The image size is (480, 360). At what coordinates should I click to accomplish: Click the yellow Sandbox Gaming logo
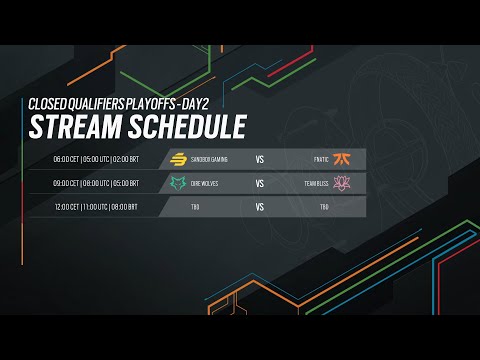[180, 159]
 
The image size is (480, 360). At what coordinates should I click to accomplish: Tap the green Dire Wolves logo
[180, 183]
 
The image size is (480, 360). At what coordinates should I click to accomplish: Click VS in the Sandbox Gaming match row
[260, 159]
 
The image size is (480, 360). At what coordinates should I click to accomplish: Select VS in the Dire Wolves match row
[260, 183]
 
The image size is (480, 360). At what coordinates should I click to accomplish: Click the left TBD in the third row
[197, 207]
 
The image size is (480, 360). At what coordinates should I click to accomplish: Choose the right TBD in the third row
[324, 207]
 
